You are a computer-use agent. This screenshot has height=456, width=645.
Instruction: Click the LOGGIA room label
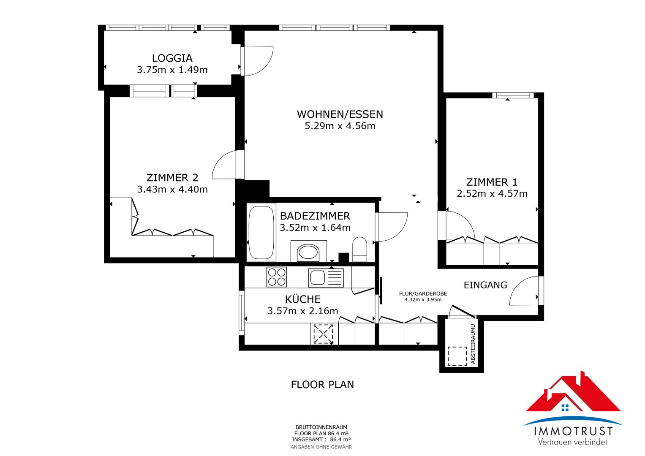coord(172,58)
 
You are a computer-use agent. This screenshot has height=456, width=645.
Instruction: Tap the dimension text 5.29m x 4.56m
coord(340,126)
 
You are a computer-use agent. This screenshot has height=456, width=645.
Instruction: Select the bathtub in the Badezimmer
coord(261,233)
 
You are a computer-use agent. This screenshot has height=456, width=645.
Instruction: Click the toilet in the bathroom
coord(359,249)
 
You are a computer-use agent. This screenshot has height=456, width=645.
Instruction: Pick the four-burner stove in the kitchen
coord(276,277)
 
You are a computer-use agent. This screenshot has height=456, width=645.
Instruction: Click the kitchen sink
coord(326,278)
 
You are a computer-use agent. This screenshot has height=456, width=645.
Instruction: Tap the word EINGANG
coord(485,285)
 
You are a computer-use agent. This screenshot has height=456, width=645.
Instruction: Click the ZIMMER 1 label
coord(492,182)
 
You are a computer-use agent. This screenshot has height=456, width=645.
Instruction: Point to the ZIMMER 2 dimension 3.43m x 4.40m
coord(172,190)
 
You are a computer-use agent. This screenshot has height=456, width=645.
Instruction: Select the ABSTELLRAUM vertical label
coord(473,344)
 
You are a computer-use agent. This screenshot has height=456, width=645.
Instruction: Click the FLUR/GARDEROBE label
coord(423,293)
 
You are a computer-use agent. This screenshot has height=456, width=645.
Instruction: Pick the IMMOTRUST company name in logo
coord(573,431)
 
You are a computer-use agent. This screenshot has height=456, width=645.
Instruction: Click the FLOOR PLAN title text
coord(322,385)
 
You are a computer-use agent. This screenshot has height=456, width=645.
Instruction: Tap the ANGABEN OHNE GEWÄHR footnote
coord(321,447)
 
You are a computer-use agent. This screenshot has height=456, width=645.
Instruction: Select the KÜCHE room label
coord(302,299)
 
